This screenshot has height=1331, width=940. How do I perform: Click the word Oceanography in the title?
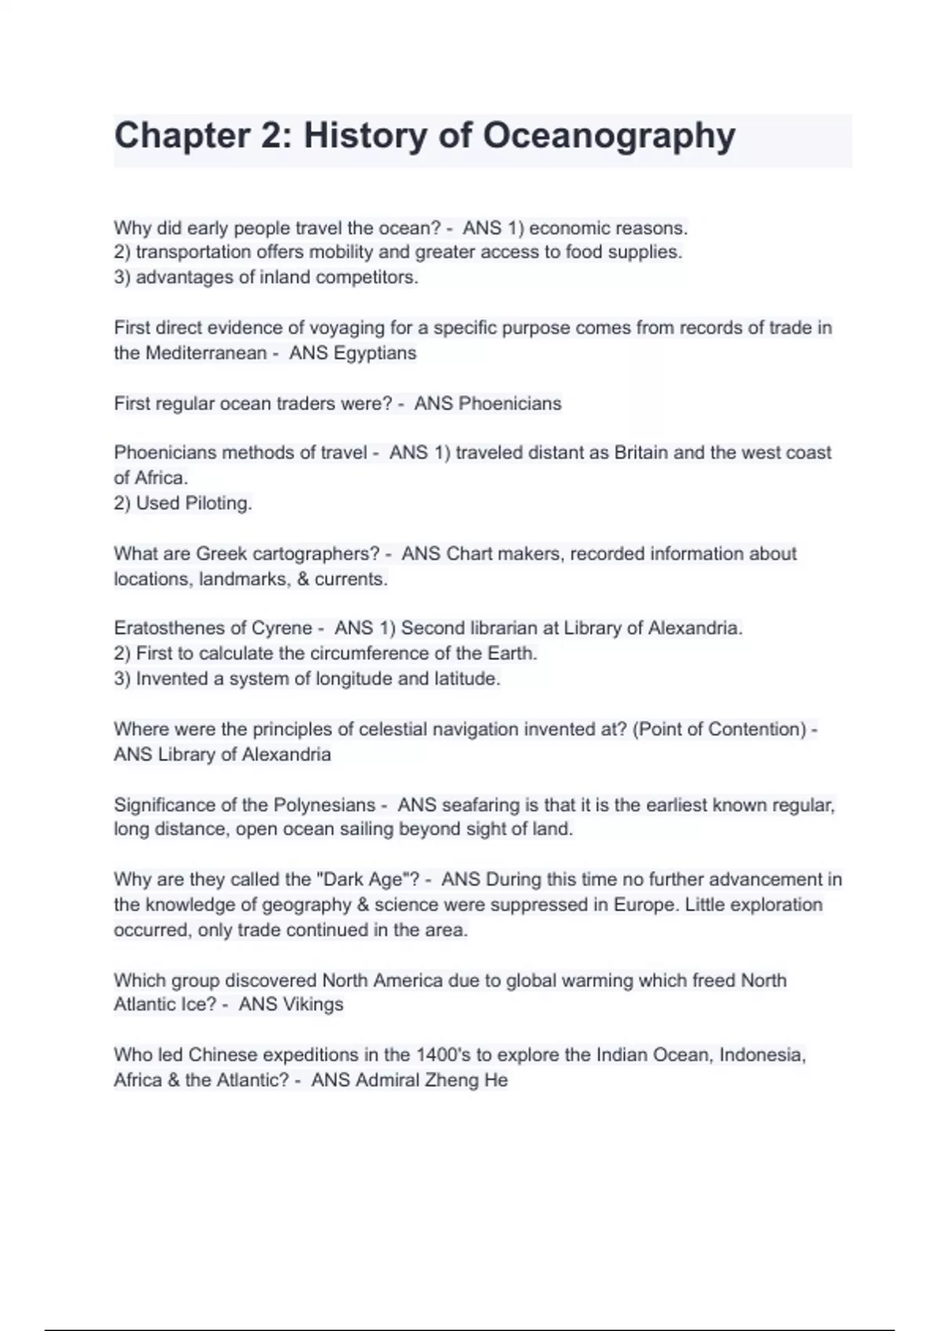click(x=609, y=136)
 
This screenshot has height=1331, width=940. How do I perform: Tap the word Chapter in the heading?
click(x=182, y=136)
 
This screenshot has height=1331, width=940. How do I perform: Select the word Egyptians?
click(x=375, y=353)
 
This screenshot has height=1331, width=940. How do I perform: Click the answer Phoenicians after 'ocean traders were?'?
click(x=510, y=404)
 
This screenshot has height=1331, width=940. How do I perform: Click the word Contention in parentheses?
click(x=757, y=730)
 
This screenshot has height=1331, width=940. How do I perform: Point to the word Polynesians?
click(x=324, y=805)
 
